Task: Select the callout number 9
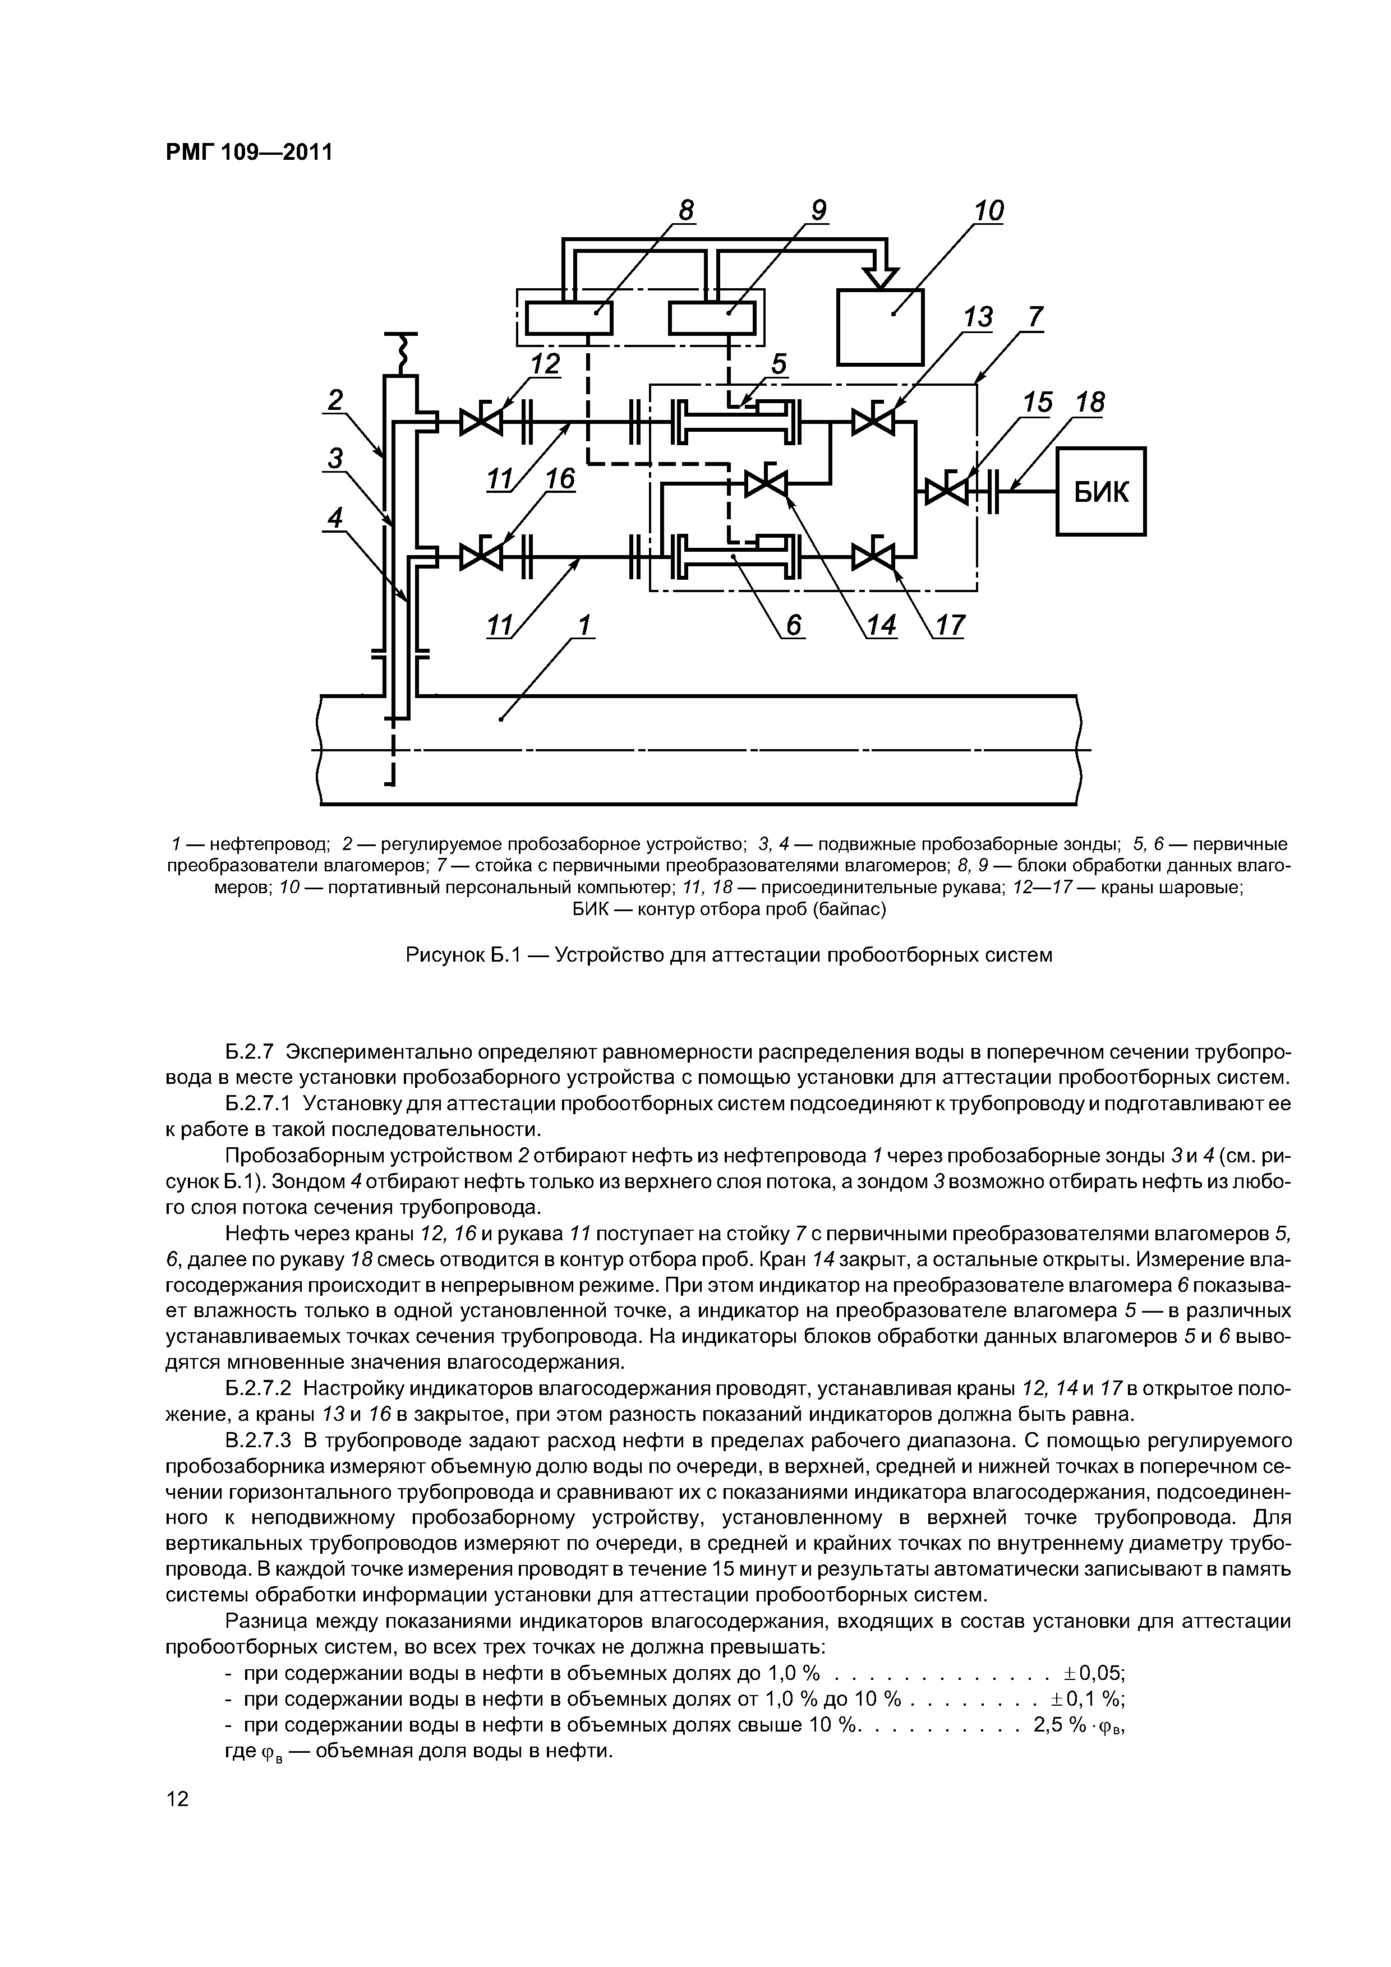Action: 818,211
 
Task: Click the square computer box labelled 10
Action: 880,327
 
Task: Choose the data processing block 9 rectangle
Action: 711,320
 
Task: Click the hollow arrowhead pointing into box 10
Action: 880,278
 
